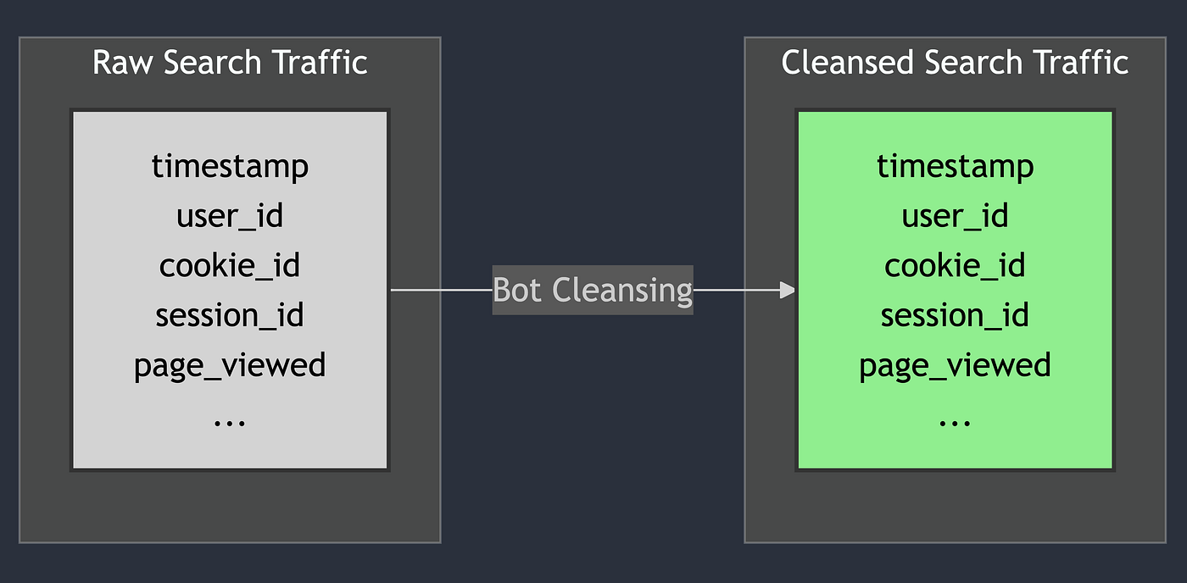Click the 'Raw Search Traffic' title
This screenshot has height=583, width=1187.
230,63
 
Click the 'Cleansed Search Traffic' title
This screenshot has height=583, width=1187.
955,63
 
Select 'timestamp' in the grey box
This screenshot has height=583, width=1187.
230,167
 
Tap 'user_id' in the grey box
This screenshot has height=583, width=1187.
230,216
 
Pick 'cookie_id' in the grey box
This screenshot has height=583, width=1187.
230,265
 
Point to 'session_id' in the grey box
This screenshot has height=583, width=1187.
230,315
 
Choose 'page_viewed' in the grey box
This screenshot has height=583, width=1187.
230,365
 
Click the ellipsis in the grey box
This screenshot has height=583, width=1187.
230,423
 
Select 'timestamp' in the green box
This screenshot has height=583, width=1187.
955,167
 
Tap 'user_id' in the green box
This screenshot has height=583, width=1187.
955,216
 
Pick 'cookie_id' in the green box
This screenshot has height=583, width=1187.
955,265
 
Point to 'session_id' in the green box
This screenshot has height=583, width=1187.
955,315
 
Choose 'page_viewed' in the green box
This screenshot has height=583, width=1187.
955,365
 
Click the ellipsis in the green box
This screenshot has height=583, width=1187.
955,423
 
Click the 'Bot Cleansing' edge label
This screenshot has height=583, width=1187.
593,290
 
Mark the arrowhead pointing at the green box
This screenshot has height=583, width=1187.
788,290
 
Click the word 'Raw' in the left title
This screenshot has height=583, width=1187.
122,63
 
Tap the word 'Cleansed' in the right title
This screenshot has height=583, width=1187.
847,63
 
